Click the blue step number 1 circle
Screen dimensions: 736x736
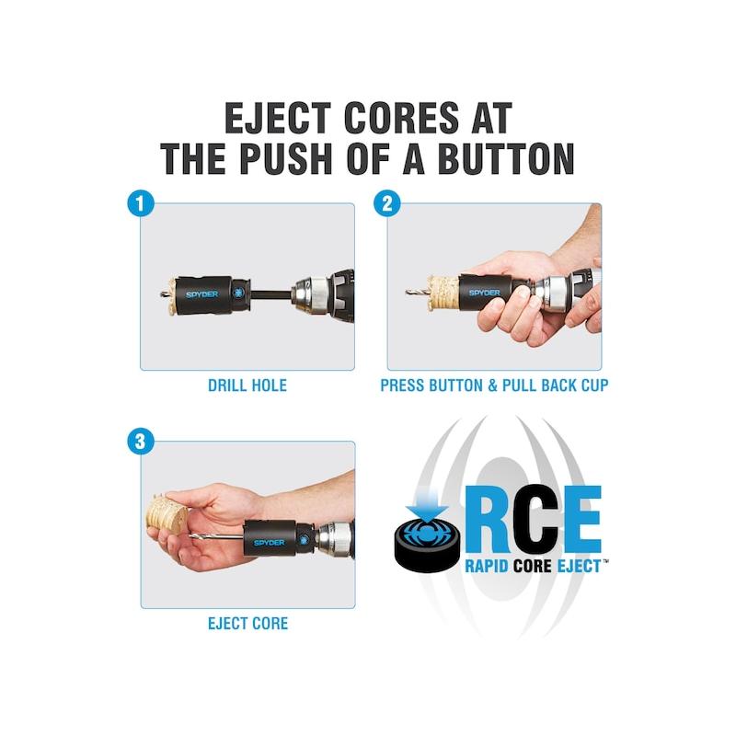(141, 203)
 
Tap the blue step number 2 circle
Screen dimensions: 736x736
(387, 203)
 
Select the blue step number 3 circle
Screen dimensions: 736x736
(141, 442)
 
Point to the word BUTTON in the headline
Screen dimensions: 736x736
(506, 158)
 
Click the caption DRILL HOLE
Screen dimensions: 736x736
(247, 385)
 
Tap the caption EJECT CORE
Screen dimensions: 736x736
(247, 624)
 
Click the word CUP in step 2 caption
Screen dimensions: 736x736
(594, 385)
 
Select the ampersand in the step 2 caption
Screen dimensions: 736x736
(493, 385)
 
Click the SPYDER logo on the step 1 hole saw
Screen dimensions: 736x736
(201, 294)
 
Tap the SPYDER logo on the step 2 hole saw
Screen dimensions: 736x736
(485, 293)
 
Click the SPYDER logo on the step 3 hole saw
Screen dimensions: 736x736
(269, 543)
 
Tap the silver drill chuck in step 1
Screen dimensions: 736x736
(310, 294)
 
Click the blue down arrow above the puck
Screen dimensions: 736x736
(428, 502)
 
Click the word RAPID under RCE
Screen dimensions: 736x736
(487, 566)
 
